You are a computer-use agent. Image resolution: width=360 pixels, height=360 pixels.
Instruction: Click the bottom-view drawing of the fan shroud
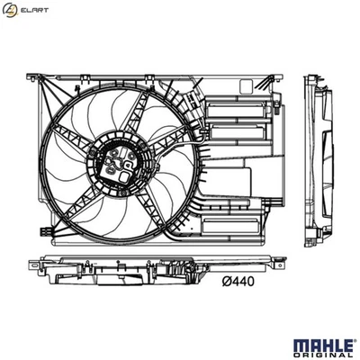pyautogui.click(x=153, y=271)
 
